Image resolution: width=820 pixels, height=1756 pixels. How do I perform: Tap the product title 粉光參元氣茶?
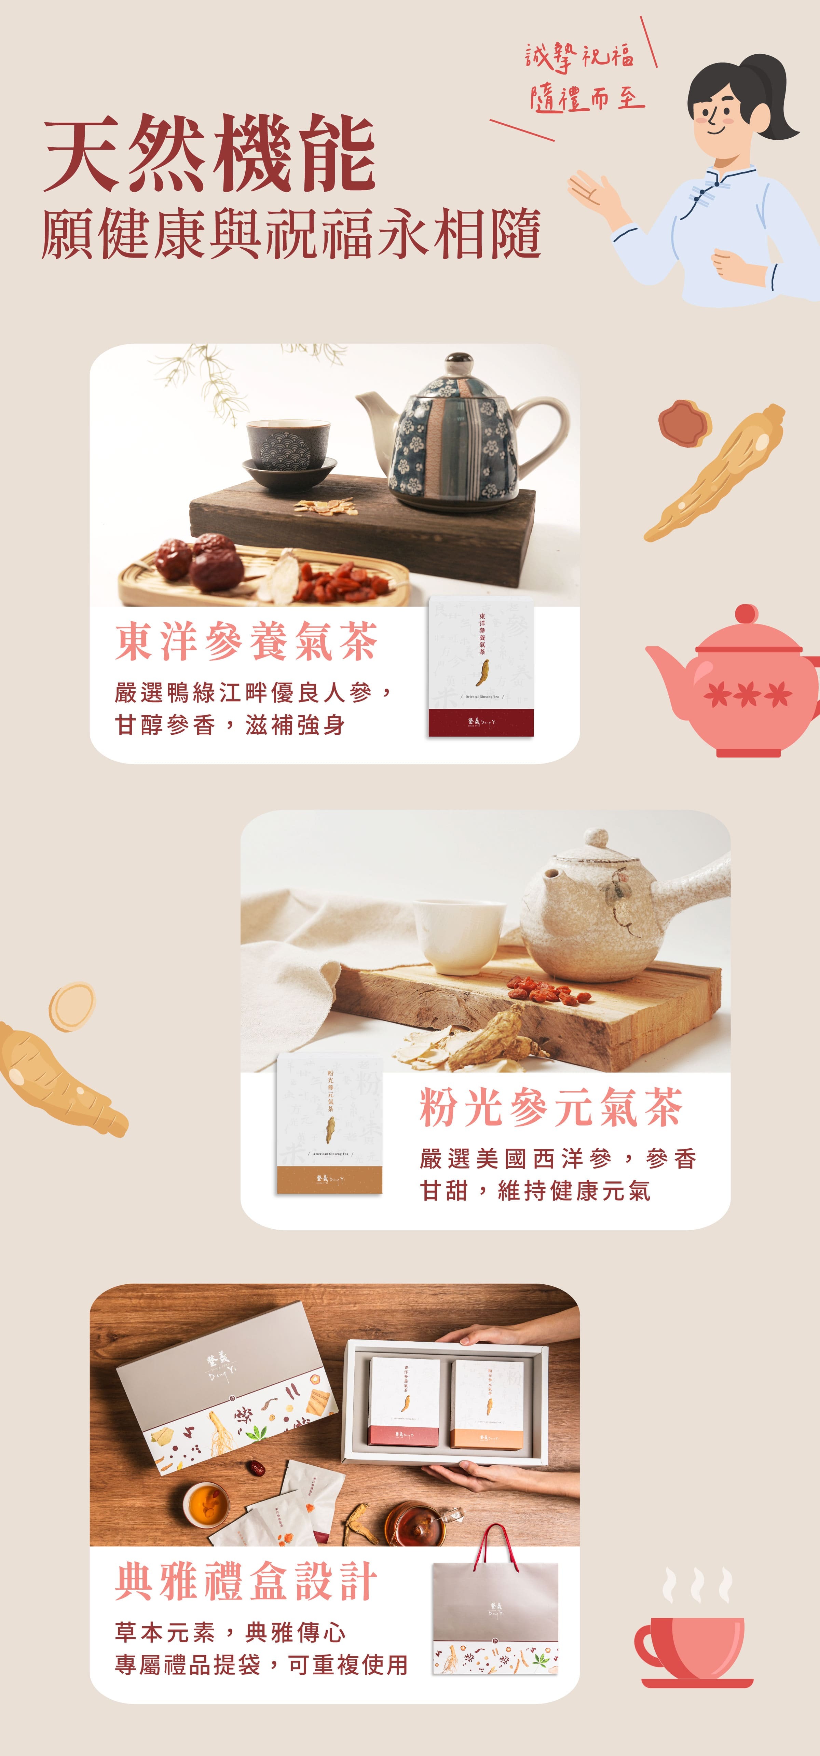pos(551,1108)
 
